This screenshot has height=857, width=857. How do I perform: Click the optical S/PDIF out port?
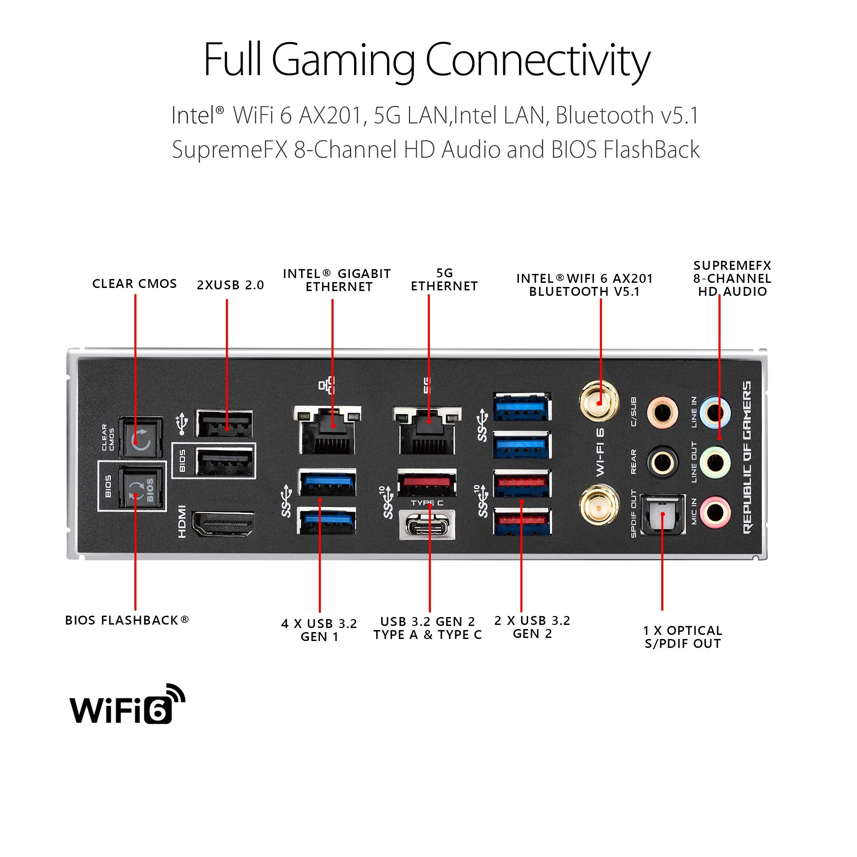coord(663,515)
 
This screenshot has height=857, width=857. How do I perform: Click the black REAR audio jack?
coord(662,462)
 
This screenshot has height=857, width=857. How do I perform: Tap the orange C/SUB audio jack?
coord(662,412)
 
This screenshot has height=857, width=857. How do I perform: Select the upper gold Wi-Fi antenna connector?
coord(599,402)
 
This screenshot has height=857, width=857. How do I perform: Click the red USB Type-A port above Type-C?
coord(427,483)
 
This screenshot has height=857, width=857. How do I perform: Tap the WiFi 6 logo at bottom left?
coord(127,705)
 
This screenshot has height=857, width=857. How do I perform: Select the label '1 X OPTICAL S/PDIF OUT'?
coord(682,637)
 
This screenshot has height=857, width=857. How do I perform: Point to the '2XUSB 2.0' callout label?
coord(230,285)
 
